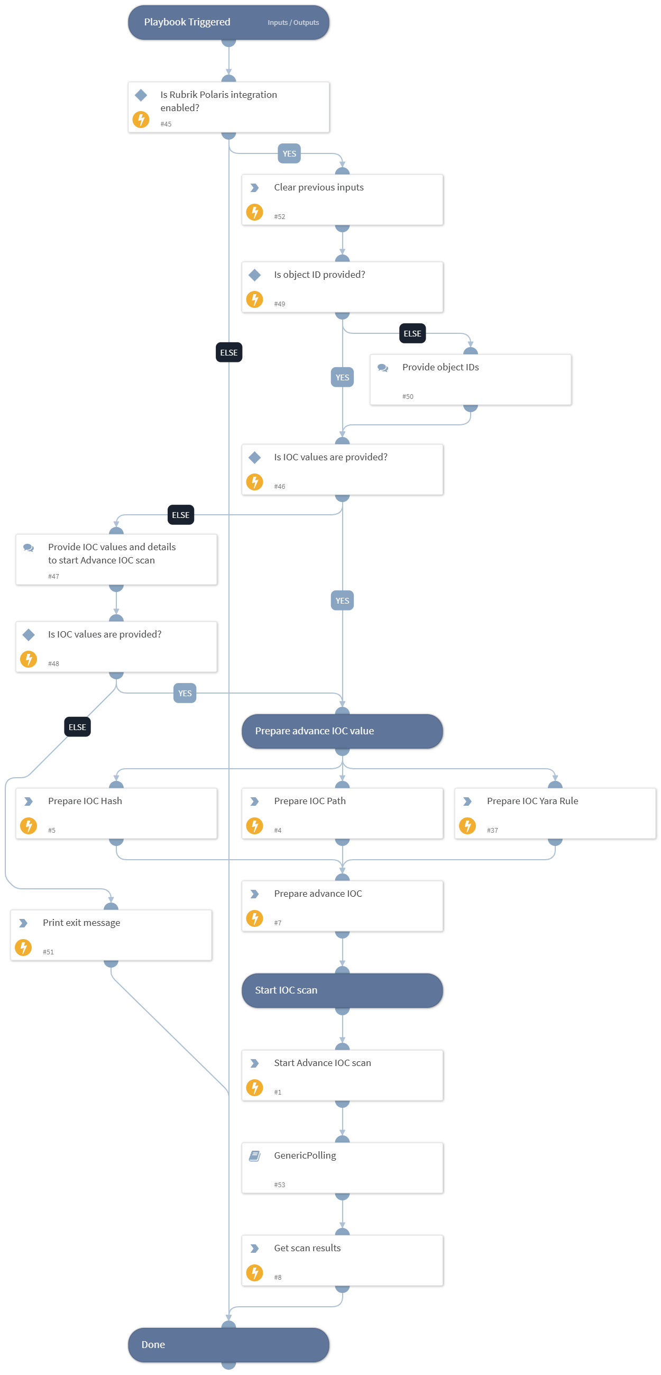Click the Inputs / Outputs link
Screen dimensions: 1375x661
point(293,22)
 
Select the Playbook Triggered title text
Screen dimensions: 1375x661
point(187,22)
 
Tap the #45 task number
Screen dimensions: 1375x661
point(166,124)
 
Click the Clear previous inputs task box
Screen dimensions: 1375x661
point(342,199)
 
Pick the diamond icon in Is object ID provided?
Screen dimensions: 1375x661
point(254,275)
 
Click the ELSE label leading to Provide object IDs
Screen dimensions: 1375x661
point(412,334)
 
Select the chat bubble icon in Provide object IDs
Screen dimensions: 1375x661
point(382,368)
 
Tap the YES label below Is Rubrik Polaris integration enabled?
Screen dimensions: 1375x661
point(289,154)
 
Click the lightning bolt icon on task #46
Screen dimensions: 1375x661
point(254,481)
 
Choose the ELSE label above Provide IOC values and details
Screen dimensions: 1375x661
point(180,515)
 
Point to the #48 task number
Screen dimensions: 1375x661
point(53,663)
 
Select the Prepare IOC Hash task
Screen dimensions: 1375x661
point(116,813)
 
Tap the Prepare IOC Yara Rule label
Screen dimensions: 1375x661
point(532,800)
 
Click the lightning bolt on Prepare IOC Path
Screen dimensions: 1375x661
point(254,826)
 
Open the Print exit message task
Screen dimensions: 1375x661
point(111,935)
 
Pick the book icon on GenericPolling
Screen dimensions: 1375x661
point(254,1155)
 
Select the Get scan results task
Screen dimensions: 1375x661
point(342,1260)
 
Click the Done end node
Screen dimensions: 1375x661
point(228,1344)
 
